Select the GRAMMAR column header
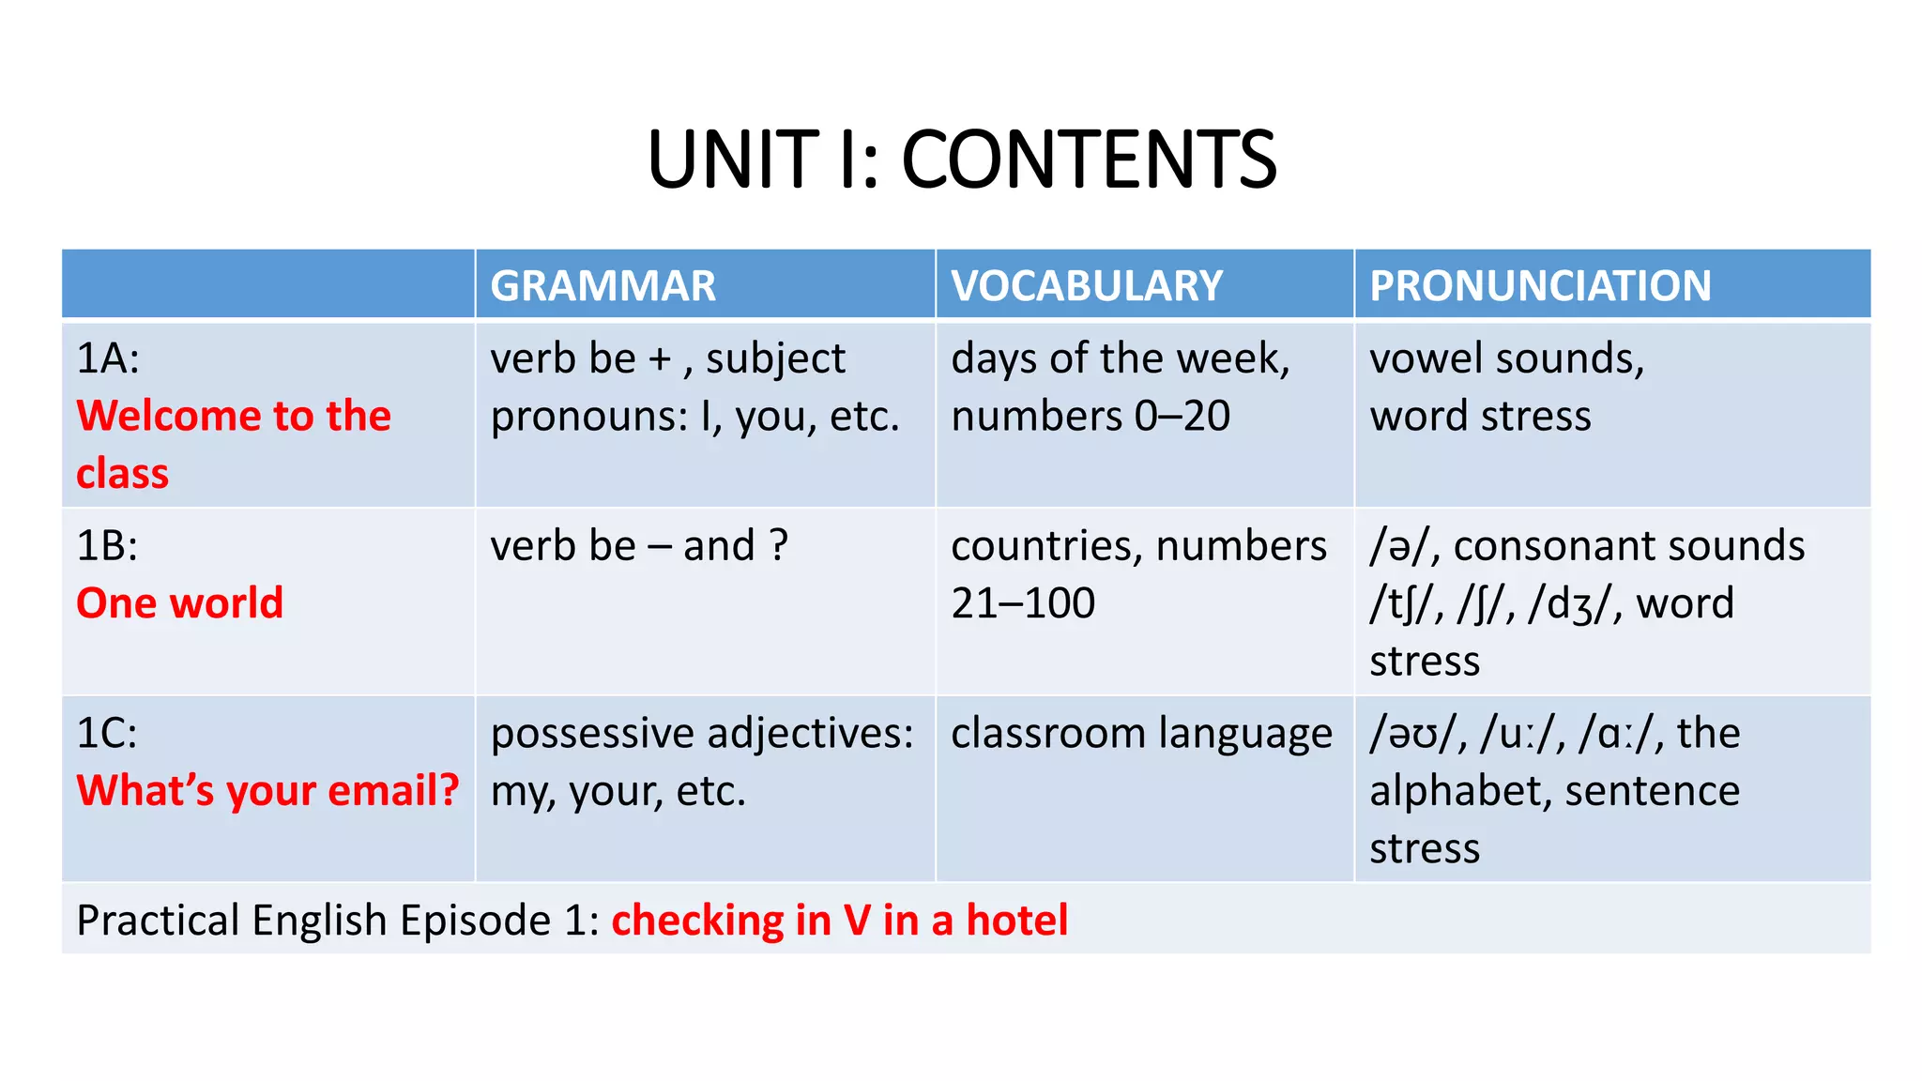pyautogui.click(x=603, y=285)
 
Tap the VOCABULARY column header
pyautogui.click(x=1087, y=285)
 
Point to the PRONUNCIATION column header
pyautogui.click(x=1540, y=285)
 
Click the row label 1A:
pyautogui.click(x=108, y=358)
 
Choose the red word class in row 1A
pyautogui.click(x=122, y=474)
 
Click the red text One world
pyautogui.click(x=179, y=603)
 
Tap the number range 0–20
pyautogui.click(x=1182, y=417)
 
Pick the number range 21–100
pyautogui.click(x=1023, y=603)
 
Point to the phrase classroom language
pyautogui.click(x=1141, y=733)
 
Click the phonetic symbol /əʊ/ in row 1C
pyautogui.click(x=1415, y=734)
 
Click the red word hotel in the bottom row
pyautogui.click(x=1017, y=921)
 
